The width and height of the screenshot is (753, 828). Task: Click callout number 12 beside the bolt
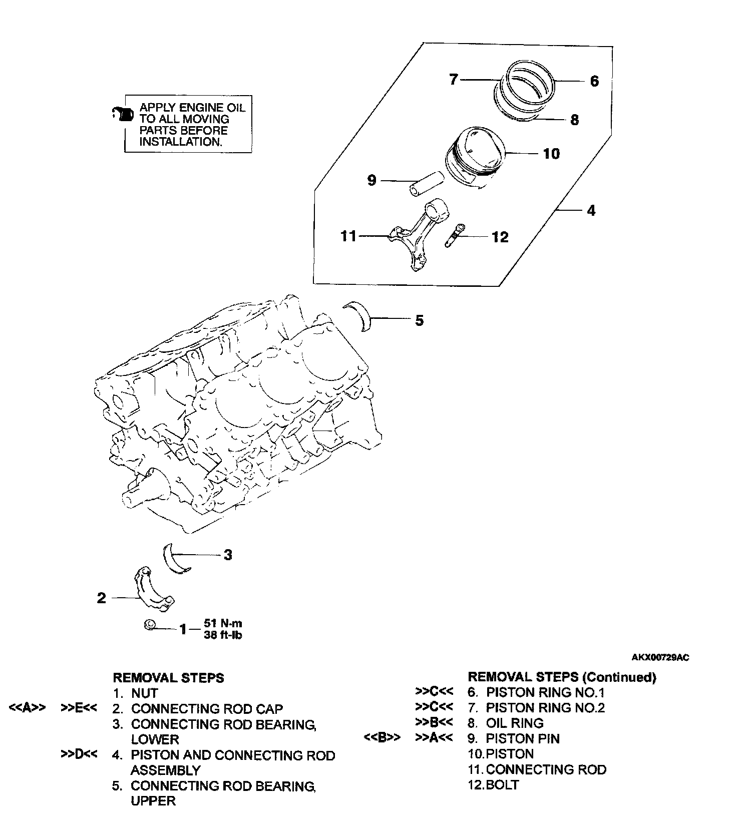500,237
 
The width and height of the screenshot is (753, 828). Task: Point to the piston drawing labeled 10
474,157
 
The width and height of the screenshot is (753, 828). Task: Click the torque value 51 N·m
223,623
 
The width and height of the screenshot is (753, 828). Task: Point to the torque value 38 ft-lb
223,635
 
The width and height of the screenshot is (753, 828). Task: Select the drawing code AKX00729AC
660,658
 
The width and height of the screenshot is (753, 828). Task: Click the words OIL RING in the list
514,723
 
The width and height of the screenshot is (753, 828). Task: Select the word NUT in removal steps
145,693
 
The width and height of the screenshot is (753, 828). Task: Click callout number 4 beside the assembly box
591,211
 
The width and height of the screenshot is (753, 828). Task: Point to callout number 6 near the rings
594,82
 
